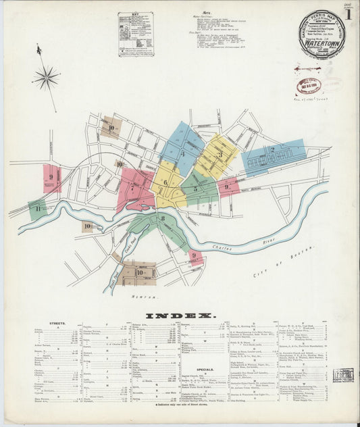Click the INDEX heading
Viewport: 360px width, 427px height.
(x=180, y=316)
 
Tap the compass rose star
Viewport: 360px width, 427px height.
(x=46, y=78)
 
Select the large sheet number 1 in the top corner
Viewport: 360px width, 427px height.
(x=349, y=14)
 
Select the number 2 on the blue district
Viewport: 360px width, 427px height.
(x=272, y=149)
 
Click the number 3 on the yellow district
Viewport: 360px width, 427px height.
(x=220, y=154)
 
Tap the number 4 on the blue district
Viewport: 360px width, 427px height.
(x=182, y=154)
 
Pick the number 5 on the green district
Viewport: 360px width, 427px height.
(x=196, y=188)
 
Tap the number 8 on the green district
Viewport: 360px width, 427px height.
(x=162, y=219)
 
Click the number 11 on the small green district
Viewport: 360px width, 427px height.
(x=38, y=209)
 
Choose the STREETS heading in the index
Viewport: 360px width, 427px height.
(x=57, y=323)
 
